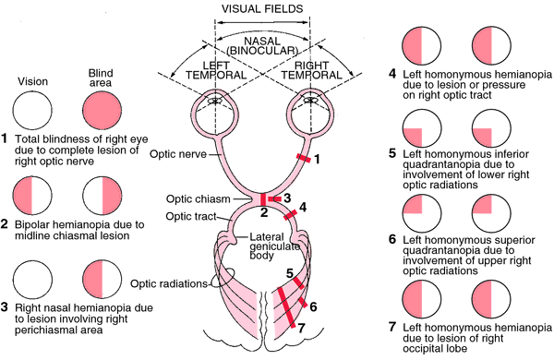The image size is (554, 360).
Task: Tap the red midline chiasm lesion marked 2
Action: [264, 199]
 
